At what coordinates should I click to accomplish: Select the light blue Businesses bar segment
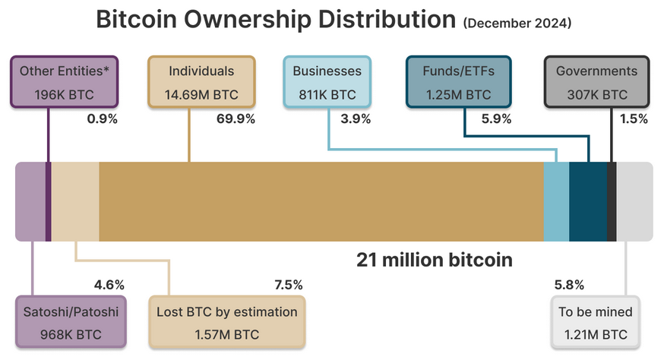click(x=556, y=201)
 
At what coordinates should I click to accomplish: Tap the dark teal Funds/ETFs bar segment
click(x=588, y=201)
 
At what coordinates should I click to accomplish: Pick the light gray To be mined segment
click(x=634, y=201)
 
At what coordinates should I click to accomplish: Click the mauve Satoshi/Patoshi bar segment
click(x=30, y=201)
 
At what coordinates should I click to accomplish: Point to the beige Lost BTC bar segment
click(x=75, y=201)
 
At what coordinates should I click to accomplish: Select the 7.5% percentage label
click(x=288, y=285)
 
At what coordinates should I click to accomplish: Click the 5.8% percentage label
click(x=569, y=285)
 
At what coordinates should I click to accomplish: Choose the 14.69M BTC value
click(x=201, y=95)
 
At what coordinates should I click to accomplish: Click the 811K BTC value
click(x=327, y=95)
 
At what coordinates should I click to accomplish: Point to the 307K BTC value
click(x=596, y=95)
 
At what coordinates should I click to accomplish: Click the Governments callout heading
click(x=596, y=71)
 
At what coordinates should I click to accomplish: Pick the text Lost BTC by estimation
click(x=227, y=311)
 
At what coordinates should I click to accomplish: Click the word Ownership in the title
click(x=259, y=21)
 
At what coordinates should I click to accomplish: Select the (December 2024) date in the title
click(x=517, y=24)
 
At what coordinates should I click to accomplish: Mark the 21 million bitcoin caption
click(x=435, y=260)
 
